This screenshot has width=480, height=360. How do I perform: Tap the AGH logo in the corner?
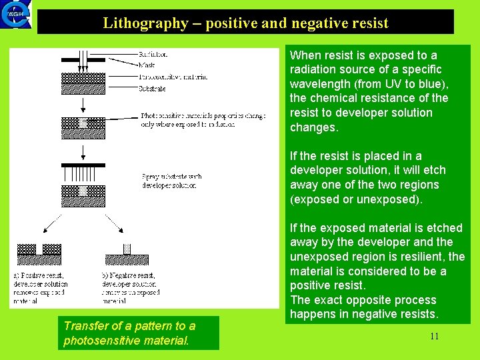[x=17, y=15]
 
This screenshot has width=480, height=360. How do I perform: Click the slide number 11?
[x=434, y=336]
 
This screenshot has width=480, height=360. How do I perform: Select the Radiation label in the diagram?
[x=153, y=54]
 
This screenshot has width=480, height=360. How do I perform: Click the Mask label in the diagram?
[x=147, y=65]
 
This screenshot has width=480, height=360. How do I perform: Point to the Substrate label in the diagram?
[x=153, y=88]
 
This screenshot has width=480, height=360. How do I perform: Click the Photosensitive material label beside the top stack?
[x=173, y=77]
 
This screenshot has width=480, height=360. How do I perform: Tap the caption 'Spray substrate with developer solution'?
[x=171, y=181]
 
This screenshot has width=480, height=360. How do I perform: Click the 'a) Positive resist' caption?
[x=41, y=274]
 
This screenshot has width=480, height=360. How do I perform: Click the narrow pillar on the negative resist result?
[x=127, y=249]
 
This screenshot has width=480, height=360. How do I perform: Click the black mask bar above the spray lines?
[x=83, y=165]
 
